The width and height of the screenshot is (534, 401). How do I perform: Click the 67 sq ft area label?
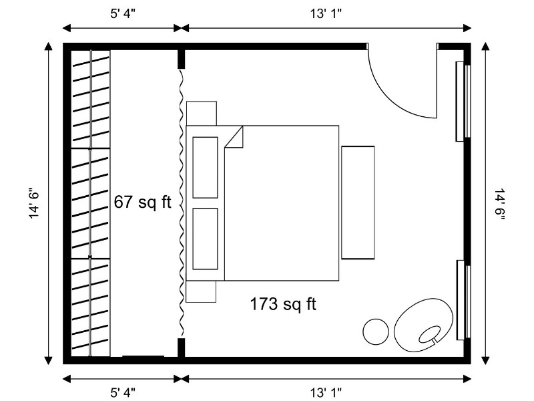(x=142, y=203)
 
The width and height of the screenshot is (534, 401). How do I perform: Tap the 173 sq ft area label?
(x=283, y=304)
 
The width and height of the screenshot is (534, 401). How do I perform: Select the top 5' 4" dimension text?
(x=123, y=14)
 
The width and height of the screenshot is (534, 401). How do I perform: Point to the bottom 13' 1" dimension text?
(x=326, y=392)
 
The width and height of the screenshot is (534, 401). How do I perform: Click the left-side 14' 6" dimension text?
(x=35, y=203)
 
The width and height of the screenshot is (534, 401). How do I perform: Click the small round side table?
(x=376, y=331)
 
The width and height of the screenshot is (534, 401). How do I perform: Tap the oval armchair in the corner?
(x=423, y=325)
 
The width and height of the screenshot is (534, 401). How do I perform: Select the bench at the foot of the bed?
(x=358, y=203)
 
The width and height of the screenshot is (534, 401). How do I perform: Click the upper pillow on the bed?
(x=206, y=168)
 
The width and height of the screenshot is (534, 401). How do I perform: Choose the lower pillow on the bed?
(x=206, y=239)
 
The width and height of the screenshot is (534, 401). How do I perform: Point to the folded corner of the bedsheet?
(x=234, y=137)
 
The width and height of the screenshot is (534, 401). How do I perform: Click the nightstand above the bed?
(x=202, y=113)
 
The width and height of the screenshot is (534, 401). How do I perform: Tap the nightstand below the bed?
(x=202, y=291)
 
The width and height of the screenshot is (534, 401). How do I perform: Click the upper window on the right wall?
(x=463, y=102)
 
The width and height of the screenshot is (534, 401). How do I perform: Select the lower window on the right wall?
(x=463, y=299)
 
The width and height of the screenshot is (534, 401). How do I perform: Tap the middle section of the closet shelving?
(x=91, y=203)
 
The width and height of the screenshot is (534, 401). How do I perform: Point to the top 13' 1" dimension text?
(x=326, y=14)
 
